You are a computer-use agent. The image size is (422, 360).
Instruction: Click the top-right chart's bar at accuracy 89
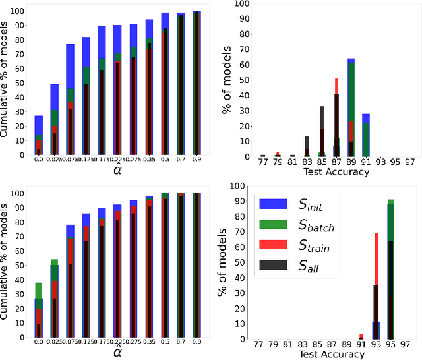pos(351,109)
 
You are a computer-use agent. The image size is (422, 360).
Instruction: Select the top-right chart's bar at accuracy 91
pos(365,136)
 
